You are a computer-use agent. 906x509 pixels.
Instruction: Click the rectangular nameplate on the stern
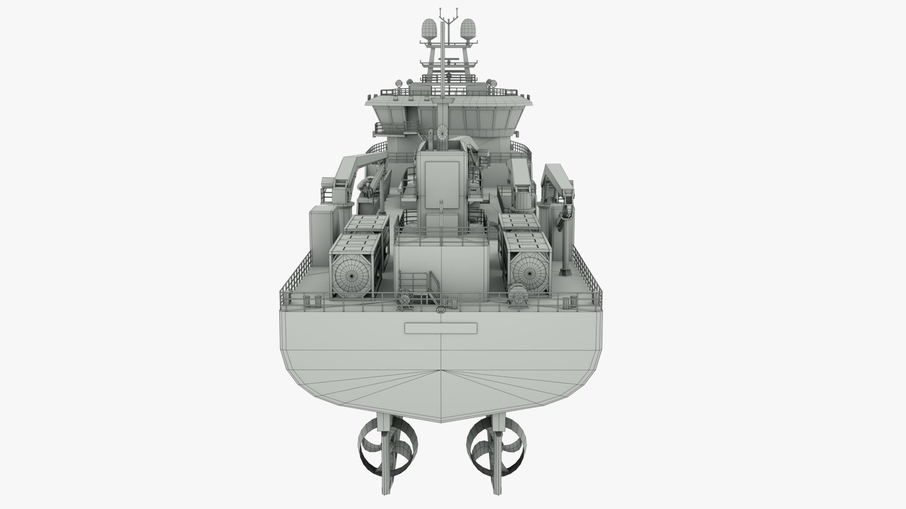[441, 328]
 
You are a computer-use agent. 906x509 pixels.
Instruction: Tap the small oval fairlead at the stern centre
[441, 310]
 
